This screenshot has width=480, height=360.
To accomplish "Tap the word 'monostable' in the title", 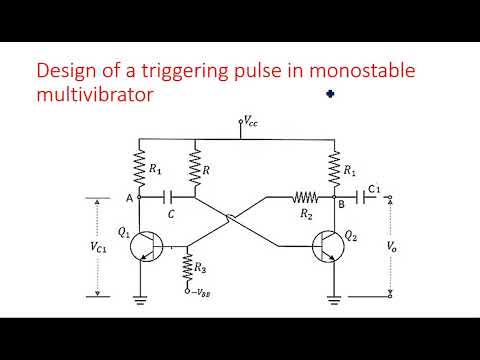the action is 363,72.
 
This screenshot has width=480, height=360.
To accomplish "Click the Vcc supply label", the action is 252,120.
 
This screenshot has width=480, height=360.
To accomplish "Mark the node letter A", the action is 129,197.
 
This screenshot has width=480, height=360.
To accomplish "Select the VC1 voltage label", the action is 99,245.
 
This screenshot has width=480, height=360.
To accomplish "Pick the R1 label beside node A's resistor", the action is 155,170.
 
